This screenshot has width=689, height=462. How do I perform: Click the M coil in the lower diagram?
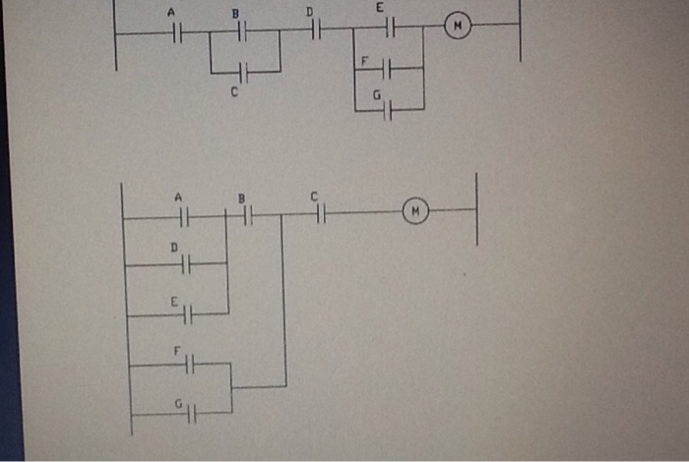click(416, 210)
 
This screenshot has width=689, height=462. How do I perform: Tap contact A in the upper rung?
click(177, 32)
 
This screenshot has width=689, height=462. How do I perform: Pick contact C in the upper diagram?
click(245, 72)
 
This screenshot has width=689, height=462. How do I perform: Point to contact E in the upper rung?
click(388, 28)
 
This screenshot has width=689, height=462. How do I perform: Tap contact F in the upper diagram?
click(386, 68)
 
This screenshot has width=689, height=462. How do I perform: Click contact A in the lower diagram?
click(183, 216)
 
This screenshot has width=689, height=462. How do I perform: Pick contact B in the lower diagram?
click(247, 214)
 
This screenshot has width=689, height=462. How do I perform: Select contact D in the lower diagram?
click(184, 263)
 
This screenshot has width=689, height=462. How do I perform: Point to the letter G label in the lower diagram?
click(178, 403)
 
